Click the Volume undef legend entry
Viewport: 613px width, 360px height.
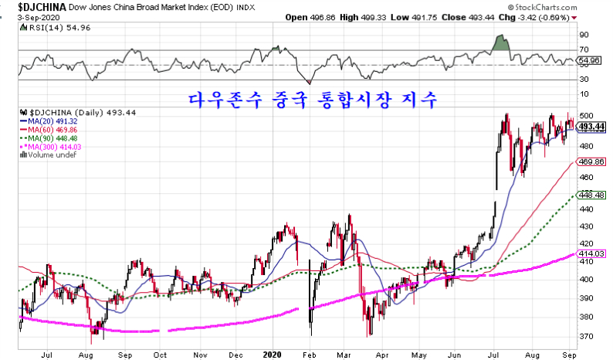(x=51, y=155)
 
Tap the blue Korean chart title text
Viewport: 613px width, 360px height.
(x=313, y=100)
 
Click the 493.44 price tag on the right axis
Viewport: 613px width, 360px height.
(x=591, y=126)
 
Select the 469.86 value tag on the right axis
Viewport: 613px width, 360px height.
(x=591, y=161)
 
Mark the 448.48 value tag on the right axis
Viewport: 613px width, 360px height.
(x=591, y=195)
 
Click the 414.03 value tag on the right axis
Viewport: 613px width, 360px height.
(x=591, y=253)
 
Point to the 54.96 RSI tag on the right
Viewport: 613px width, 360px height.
(x=589, y=60)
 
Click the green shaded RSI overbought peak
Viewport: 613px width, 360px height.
(x=503, y=43)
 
